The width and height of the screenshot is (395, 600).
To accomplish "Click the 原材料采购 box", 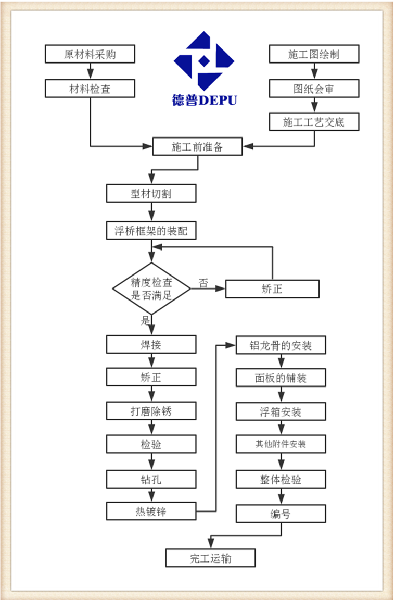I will tap(90, 54).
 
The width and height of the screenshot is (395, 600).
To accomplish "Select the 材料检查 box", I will tap(90, 88).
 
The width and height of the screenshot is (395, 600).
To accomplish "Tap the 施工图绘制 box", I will tap(314, 54).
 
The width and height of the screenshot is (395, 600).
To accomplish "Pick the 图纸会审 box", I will tap(314, 88).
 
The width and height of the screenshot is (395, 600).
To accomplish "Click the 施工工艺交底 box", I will tap(314, 122).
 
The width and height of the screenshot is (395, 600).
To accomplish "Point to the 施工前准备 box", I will tap(197, 146).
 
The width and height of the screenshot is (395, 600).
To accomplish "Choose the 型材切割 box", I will tap(151, 194).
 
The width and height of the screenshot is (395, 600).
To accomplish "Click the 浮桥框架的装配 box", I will tap(151, 230).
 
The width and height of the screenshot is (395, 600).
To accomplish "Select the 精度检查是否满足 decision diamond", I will tap(151, 289).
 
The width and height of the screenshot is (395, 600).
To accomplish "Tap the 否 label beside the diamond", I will tap(203, 283).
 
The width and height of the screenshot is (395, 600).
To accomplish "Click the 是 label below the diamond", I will tap(145, 320).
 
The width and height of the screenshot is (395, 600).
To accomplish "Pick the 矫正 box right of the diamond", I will tap(272, 289).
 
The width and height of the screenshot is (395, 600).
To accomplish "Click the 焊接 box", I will tap(151, 344).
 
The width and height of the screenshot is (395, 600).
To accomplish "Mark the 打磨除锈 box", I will tap(151, 411).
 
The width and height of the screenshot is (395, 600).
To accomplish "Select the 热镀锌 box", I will tap(151, 511).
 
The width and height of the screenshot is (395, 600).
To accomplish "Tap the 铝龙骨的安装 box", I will tap(281, 345).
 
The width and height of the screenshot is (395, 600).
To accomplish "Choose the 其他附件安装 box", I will tap(281, 444).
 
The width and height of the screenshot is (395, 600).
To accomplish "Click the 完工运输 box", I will tap(210, 558).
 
